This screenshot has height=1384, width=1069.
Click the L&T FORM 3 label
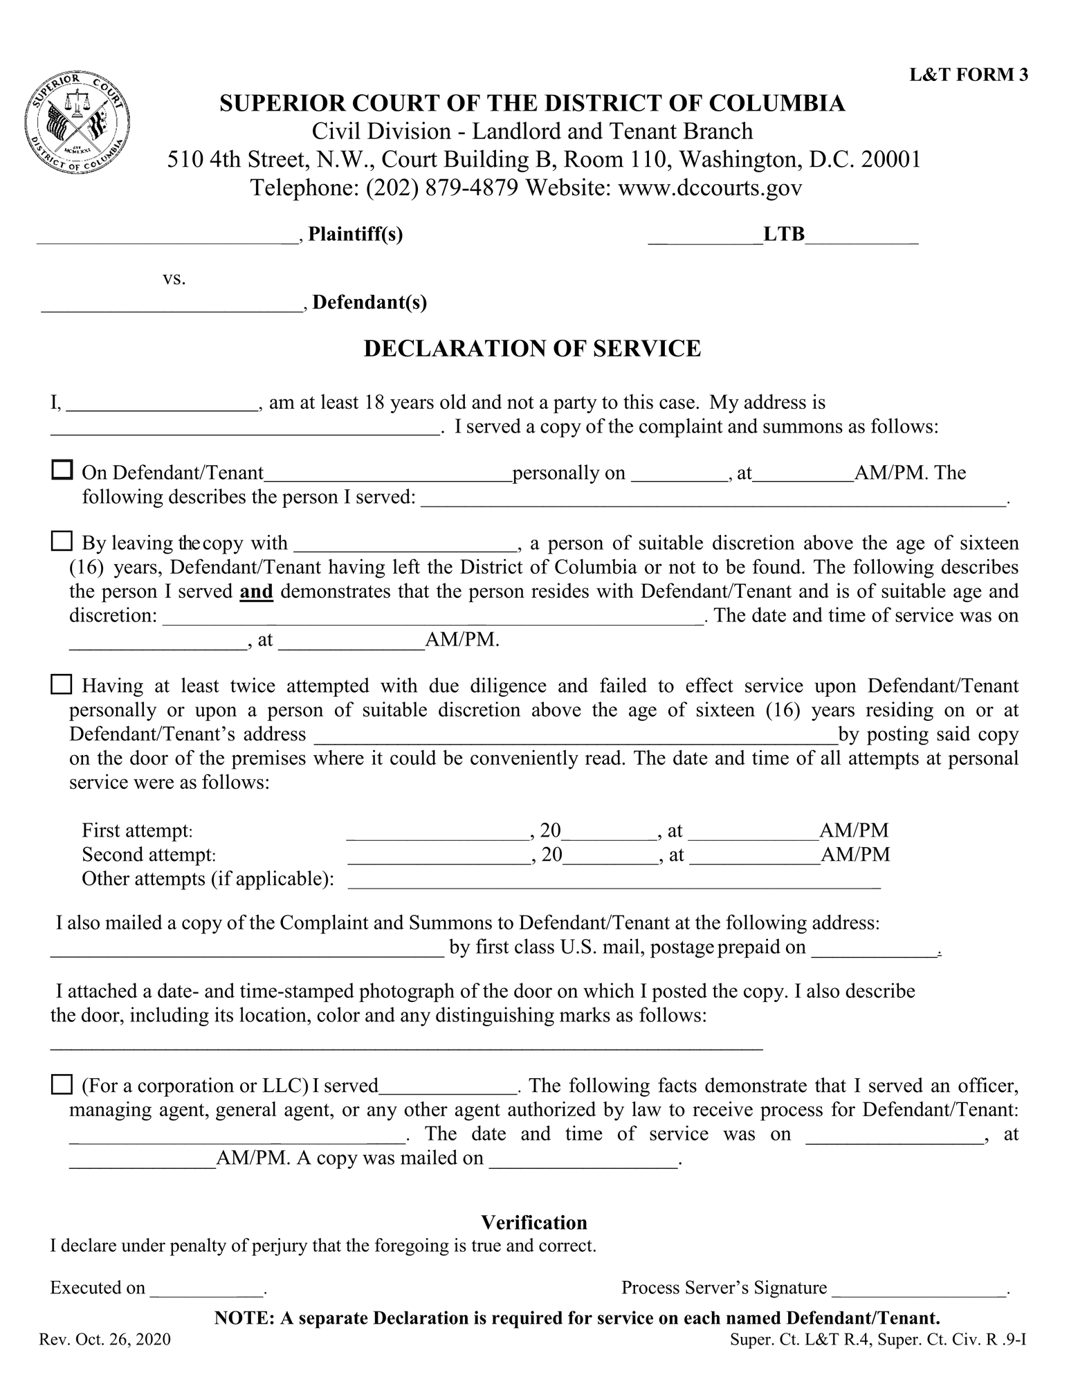[x=968, y=75]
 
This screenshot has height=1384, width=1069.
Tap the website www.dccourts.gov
[x=709, y=188]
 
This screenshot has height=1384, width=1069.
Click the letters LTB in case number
[x=784, y=235]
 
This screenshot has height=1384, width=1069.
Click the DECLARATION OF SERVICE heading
[x=532, y=348]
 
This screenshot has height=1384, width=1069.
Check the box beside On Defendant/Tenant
[x=62, y=471]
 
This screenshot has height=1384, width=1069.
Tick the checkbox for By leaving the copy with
[x=62, y=541]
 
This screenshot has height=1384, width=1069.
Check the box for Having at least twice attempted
[x=62, y=685]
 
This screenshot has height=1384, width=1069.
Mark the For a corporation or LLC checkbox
[x=62, y=1084]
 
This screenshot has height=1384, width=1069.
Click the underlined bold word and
[x=256, y=592]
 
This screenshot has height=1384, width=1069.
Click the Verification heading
[x=534, y=1223]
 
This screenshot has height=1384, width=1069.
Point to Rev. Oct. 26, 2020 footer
[x=105, y=1340]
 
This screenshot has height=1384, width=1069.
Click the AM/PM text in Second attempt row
[x=855, y=855]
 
